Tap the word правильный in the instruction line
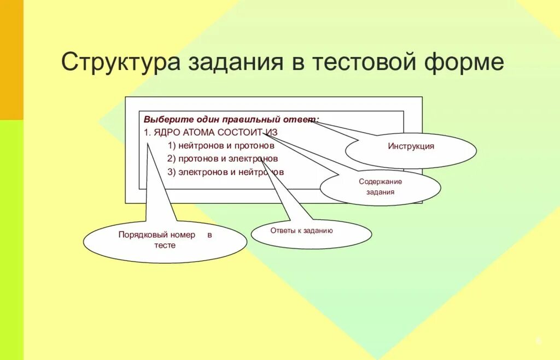250,119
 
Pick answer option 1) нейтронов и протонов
221,146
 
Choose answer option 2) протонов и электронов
223,159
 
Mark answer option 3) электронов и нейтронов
225,172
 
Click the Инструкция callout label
411,147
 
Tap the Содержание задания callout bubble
380,187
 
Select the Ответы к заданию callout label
301,231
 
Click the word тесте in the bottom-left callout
165,246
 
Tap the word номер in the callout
183,235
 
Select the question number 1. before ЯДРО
147,132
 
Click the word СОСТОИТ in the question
240,132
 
